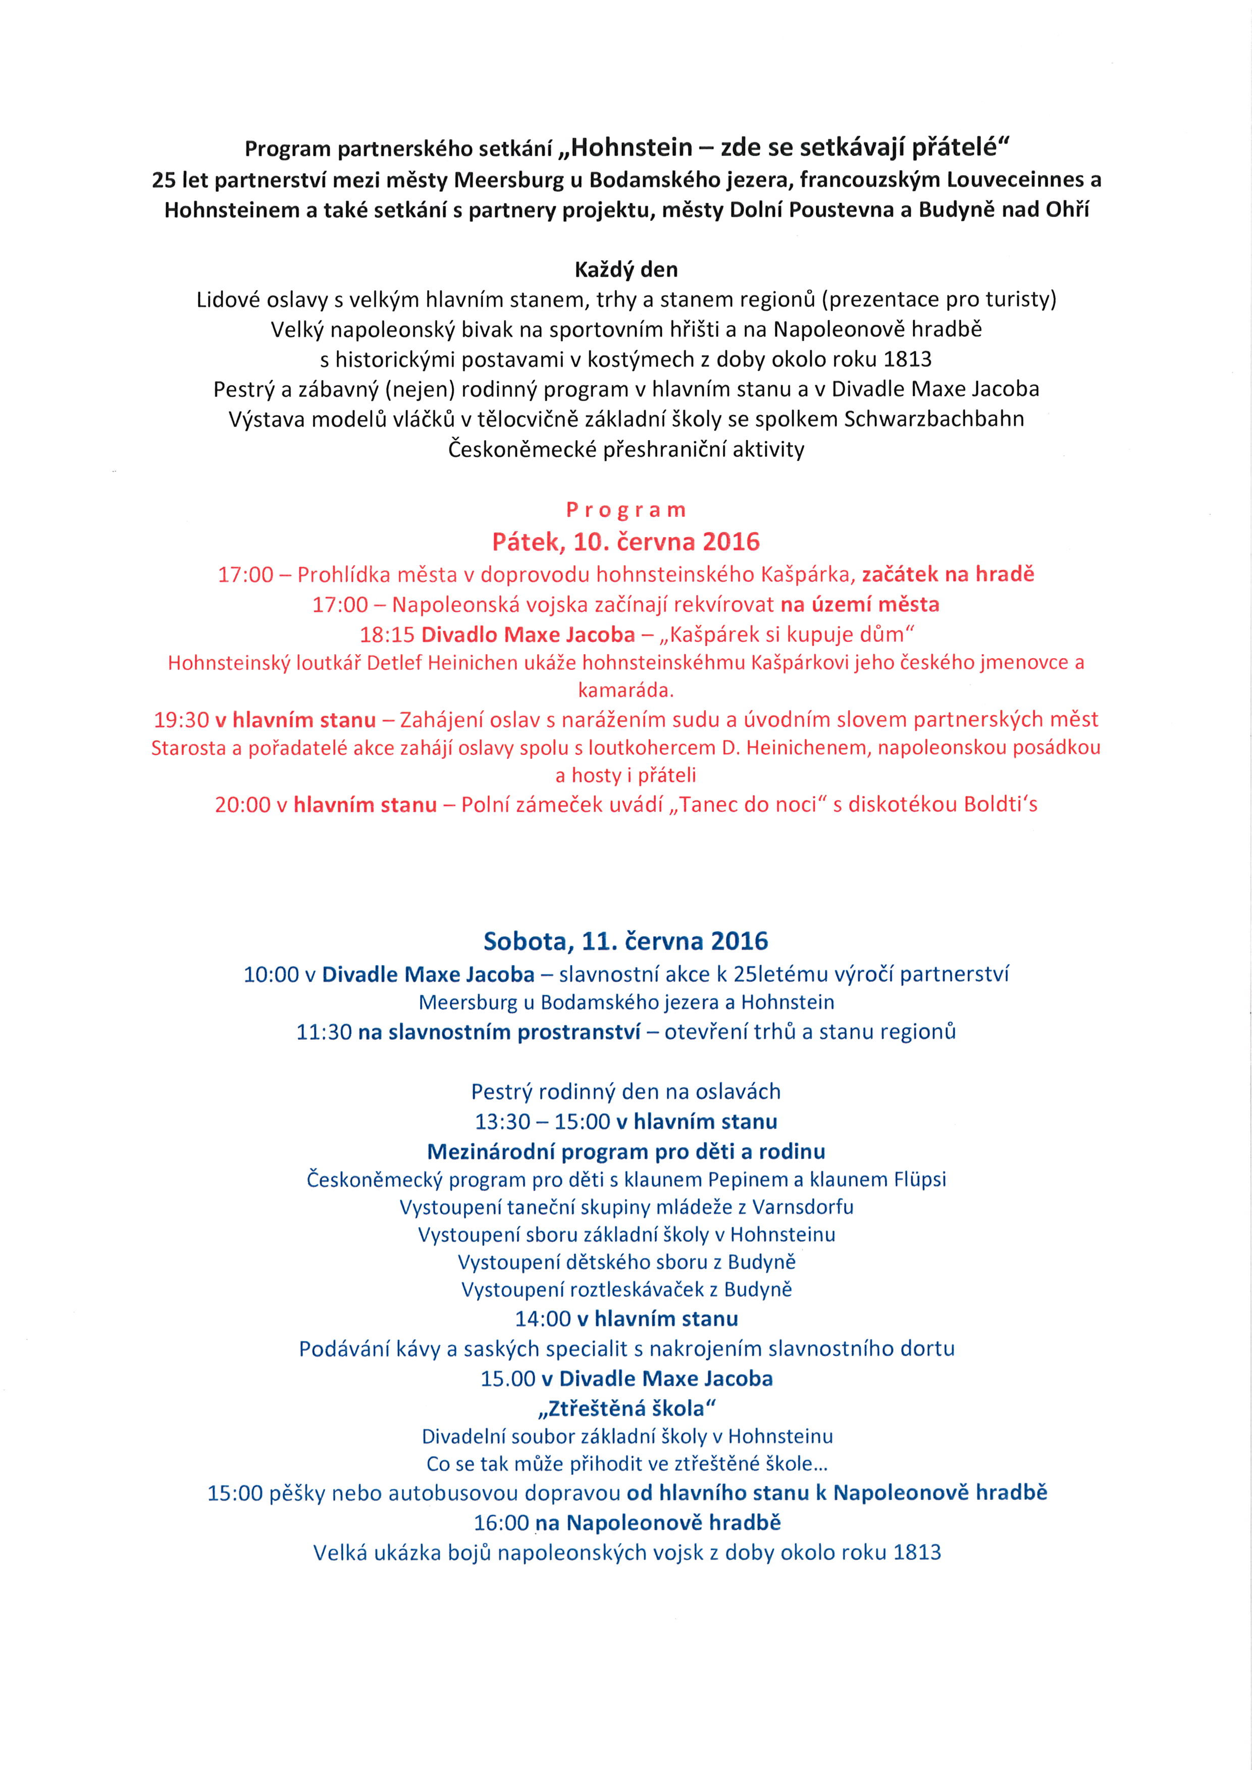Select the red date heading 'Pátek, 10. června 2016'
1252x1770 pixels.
[626, 542]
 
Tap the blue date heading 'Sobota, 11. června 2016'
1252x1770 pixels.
[626, 941]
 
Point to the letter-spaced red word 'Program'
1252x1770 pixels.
[626, 510]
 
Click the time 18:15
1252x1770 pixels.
[387, 634]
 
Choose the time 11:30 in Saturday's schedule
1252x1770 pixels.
[324, 1032]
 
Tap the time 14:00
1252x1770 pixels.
[543, 1318]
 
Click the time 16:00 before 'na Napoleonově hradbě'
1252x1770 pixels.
[501, 1523]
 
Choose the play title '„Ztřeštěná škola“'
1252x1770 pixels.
[626, 1409]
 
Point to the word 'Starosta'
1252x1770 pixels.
[188, 748]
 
